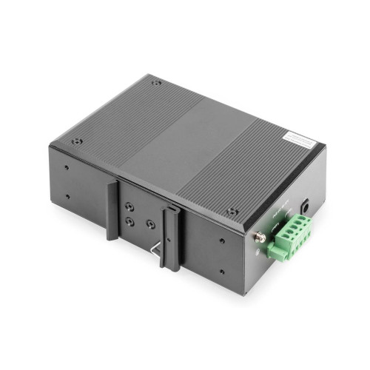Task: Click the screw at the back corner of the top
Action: (155, 83)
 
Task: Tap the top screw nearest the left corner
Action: (77, 141)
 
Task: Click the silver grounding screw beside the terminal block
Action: (259, 237)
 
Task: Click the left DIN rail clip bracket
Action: (112, 210)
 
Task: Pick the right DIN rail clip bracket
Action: (170, 233)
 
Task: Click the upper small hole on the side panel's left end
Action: (66, 167)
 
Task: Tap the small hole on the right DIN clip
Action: (172, 215)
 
